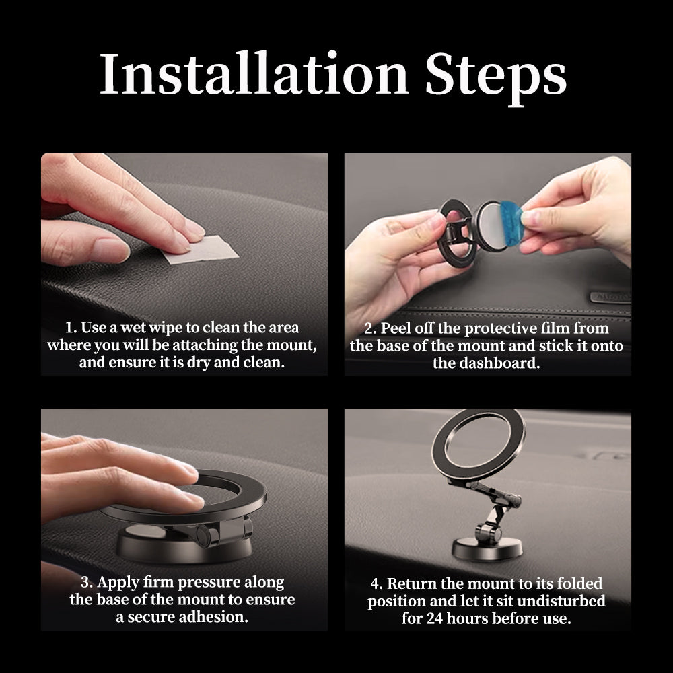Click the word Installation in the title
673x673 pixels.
point(254,73)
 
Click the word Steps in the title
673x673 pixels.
point(496,77)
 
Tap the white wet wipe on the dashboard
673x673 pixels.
point(200,250)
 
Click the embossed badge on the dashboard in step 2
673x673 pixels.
point(610,297)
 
